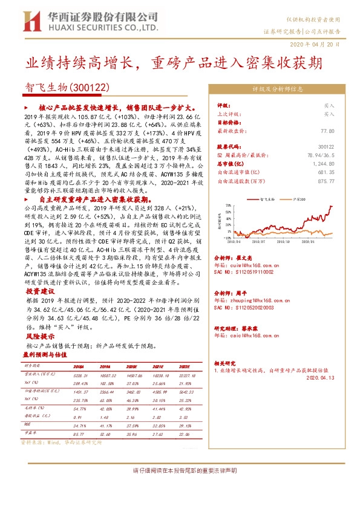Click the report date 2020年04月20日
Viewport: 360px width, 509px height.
click(x=324, y=45)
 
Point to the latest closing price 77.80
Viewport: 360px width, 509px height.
click(x=327, y=130)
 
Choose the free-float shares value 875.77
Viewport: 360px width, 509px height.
click(x=325, y=180)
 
